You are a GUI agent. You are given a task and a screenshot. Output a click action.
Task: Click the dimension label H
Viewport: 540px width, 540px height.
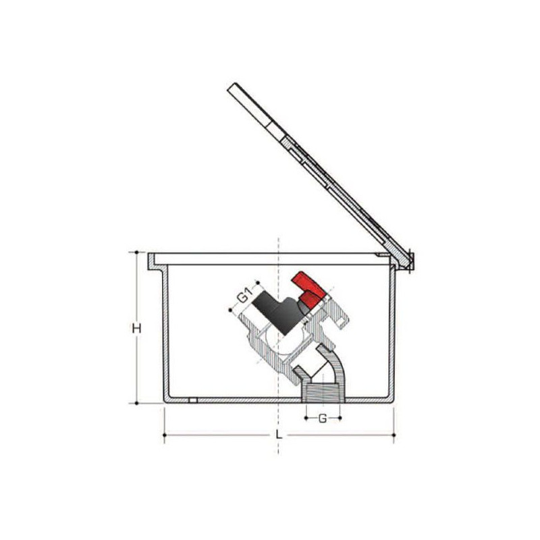pos(137,329)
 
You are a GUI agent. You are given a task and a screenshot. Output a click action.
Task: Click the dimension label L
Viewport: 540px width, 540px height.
pos(279,435)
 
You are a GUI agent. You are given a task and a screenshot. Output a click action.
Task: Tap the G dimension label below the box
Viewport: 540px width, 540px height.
pos(323,418)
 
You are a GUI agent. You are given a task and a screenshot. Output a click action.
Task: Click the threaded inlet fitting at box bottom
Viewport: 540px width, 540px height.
pos(323,393)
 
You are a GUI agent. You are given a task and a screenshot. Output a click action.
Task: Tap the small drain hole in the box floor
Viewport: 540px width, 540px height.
pos(193,400)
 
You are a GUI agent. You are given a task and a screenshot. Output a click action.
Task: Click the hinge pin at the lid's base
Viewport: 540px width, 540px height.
pos(410,261)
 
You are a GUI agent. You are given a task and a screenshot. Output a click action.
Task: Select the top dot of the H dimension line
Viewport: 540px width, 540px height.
pos(137,252)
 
